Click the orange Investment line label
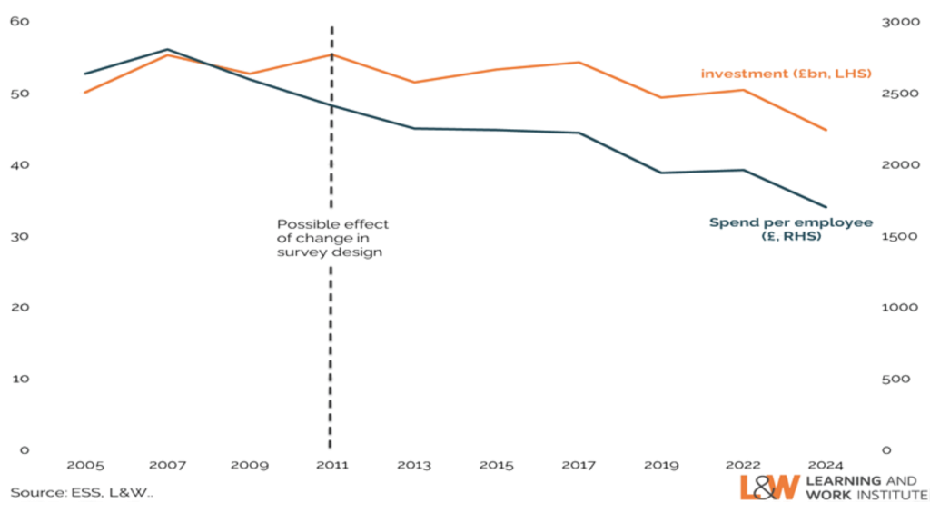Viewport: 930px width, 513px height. [x=786, y=73]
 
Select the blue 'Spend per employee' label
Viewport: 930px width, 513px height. [x=789, y=228]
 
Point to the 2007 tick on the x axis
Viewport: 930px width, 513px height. [x=168, y=465]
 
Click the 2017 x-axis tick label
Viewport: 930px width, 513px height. [x=579, y=465]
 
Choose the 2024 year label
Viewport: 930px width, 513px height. [x=825, y=465]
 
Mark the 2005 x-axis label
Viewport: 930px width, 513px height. [x=86, y=465]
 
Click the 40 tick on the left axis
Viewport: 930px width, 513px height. [x=20, y=164]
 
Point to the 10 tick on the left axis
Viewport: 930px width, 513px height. [x=20, y=378]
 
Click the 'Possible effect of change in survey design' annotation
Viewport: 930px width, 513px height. [x=332, y=238]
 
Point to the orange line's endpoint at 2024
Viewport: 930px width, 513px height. [x=826, y=130]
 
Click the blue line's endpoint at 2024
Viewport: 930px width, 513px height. [x=826, y=207]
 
